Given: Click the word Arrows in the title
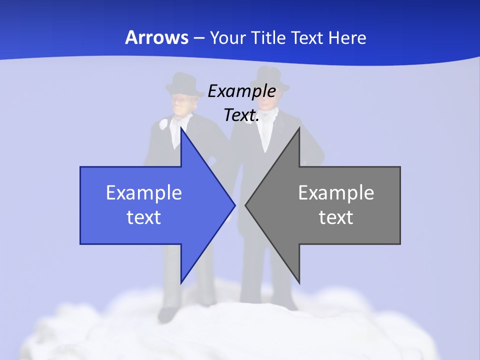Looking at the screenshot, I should (156, 38).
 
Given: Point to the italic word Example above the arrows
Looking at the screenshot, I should (241, 91).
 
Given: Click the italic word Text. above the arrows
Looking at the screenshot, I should (241, 115).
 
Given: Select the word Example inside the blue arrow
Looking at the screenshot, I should (144, 193).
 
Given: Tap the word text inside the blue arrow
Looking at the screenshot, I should (144, 217).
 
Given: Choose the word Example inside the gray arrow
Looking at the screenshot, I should (336, 193).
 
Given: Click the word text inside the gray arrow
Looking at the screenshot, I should (336, 217).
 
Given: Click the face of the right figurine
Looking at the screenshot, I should (270, 99).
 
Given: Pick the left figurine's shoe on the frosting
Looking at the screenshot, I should (167, 315).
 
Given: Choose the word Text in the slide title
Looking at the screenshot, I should (308, 38).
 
